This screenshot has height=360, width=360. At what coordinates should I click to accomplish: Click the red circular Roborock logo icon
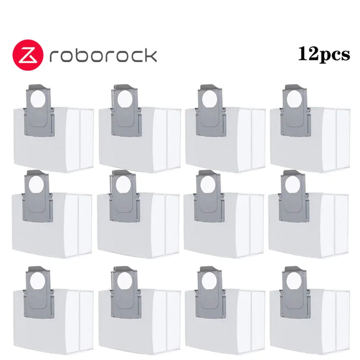28,55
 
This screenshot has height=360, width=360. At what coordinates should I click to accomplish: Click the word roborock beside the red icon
103,55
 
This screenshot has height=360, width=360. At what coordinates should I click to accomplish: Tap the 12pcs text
324,54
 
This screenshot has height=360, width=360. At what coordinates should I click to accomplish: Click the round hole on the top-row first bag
38,99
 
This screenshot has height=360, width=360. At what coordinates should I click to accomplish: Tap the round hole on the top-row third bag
209,99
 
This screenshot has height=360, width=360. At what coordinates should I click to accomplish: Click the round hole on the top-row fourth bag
294,99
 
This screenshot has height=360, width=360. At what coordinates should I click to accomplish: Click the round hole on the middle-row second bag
123,185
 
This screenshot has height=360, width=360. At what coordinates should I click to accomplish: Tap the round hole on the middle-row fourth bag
292,185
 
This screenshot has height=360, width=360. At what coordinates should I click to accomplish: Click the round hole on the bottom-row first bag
37,281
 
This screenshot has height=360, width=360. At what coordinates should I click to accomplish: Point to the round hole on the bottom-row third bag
208,281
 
